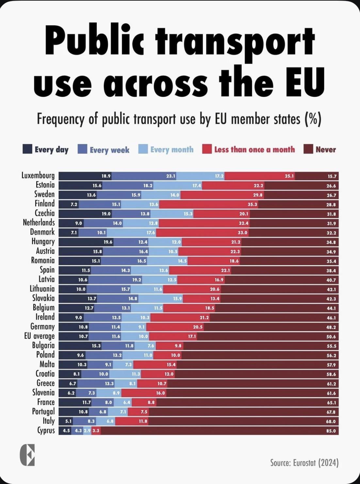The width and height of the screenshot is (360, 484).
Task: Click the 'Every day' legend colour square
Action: (27, 149)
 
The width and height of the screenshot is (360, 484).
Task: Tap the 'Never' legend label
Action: (325, 150)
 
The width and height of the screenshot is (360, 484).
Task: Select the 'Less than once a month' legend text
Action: (254, 150)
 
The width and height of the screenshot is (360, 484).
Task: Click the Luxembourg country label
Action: (38, 175)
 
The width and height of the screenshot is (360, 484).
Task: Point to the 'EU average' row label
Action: (39, 336)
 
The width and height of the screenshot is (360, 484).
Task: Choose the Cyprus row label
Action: (46, 430)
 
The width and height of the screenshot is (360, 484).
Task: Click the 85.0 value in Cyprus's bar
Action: (331, 431)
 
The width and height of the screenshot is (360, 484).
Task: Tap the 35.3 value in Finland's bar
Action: (252, 205)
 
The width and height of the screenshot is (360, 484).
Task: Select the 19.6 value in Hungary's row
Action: (108, 242)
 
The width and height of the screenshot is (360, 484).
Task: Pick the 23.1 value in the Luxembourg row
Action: (171, 176)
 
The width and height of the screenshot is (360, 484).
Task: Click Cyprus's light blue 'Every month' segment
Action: (87, 431)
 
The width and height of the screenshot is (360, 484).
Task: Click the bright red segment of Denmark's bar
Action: (202, 233)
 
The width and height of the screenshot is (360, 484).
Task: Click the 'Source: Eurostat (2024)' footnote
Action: (304, 462)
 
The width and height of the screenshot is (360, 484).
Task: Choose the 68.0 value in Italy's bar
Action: (331, 421)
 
